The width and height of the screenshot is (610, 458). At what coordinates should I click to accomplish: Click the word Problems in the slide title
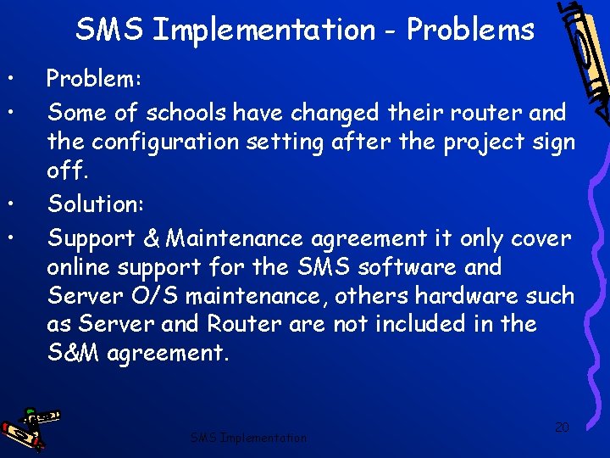470,31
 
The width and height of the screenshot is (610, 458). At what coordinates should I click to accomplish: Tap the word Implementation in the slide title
263,31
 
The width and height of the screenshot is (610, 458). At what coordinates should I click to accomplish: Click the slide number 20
561,426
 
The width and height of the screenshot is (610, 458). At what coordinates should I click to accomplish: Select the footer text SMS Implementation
248,438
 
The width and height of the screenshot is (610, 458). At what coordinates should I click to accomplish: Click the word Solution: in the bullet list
95,204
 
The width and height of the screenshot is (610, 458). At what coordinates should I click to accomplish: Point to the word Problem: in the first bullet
94,79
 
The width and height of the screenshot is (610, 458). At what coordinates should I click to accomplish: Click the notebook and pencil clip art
581,59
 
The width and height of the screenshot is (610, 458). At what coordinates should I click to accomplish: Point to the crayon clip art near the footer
31,427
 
